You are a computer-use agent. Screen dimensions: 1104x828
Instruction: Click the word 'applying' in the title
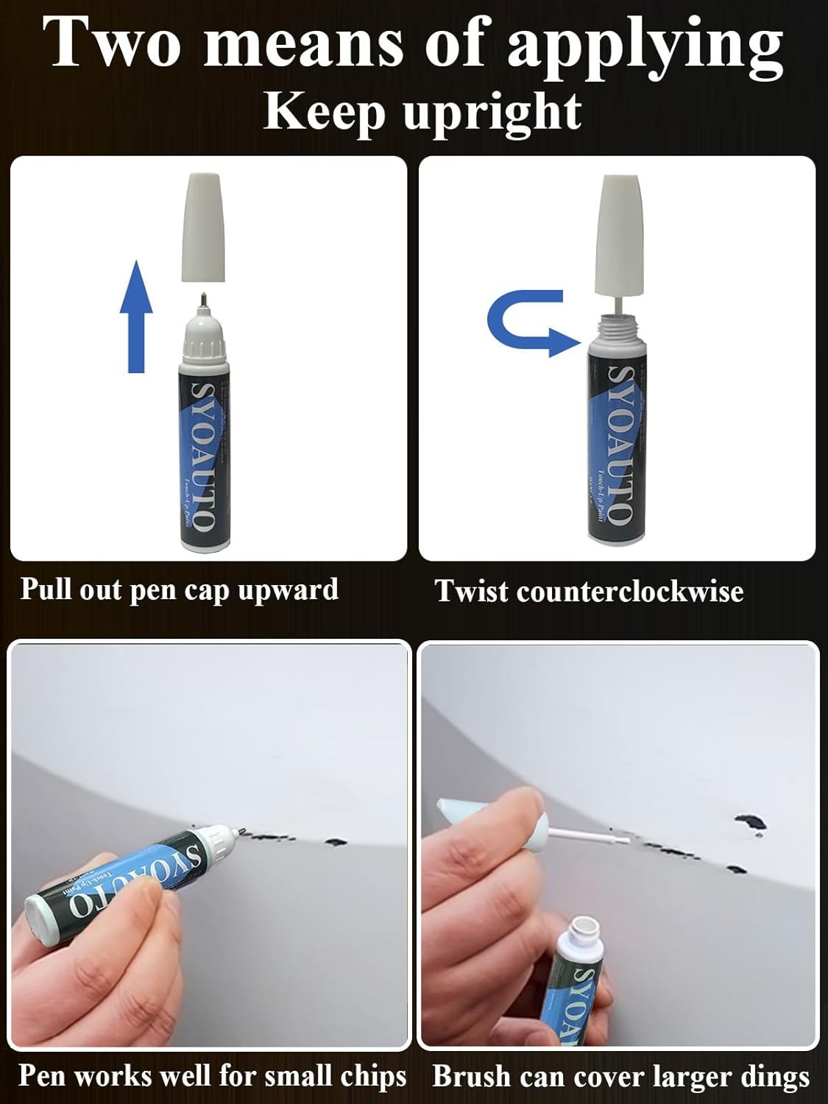point(645,46)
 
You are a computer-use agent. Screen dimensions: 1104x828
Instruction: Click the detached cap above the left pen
point(202,227)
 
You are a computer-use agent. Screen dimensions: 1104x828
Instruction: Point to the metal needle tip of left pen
point(202,300)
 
